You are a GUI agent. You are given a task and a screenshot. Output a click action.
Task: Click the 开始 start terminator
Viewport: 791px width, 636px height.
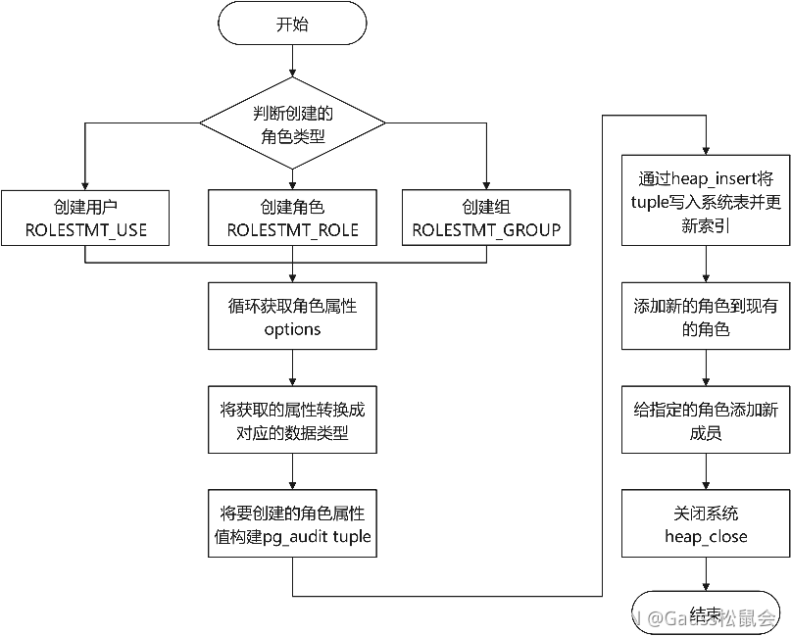292,24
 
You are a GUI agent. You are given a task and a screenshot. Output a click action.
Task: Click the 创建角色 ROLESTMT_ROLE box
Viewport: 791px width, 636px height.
292,219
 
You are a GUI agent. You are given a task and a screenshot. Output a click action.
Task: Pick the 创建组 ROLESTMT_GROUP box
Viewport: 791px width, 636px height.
486,219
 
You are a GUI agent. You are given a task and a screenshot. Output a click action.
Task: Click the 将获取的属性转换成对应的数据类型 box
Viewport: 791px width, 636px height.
292,420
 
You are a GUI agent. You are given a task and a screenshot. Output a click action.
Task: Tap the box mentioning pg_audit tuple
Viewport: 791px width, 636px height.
292,524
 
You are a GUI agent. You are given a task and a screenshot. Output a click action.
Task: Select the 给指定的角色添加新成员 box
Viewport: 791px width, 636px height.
706,420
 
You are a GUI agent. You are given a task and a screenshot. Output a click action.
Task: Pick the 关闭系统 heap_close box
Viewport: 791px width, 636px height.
706,524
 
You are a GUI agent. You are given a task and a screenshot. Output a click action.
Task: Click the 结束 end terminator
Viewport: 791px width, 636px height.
706,612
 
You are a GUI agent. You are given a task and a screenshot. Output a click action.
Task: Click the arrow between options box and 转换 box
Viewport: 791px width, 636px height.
292,368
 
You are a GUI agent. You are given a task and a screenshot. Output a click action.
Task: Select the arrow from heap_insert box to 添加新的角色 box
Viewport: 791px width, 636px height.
706,265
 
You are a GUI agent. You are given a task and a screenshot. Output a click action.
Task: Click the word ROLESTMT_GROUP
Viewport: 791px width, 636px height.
486,230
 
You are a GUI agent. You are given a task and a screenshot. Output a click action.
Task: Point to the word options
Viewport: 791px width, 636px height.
292,329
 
